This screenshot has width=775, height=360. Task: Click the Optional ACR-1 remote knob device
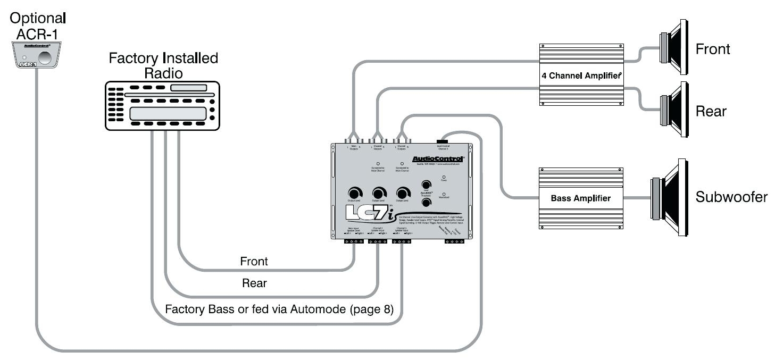[x=36, y=55]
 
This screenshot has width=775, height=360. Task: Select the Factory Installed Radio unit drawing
[x=163, y=106]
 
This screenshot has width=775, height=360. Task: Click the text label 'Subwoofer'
[x=731, y=197]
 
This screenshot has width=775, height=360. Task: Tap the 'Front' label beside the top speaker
[x=713, y=49]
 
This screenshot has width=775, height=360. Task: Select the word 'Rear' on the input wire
[x=254, y=283]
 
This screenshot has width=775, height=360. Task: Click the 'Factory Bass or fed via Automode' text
[x=279, y=309]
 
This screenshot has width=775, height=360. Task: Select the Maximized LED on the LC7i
[x=444, y=195]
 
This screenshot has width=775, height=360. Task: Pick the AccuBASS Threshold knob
[x=426, y=203]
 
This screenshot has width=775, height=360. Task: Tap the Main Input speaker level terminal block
[x=354, y=241]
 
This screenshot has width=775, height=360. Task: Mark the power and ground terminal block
[x=455, y=241]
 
